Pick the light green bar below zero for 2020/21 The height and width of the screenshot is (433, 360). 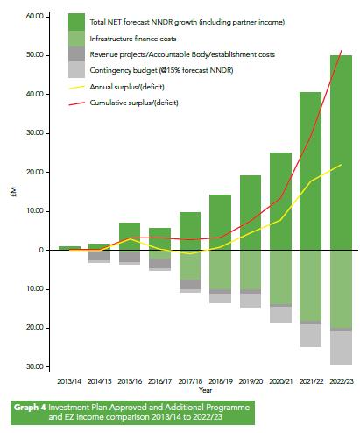280,277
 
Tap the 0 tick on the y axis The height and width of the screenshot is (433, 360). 40,250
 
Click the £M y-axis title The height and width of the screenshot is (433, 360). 11,197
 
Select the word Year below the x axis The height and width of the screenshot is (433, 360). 205,391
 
